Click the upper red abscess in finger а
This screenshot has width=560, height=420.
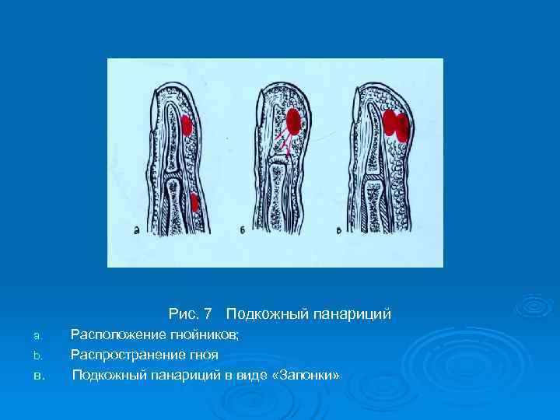coord(187,124)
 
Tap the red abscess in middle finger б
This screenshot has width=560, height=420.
coord(294,121)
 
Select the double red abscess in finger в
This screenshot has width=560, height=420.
coord(396,126)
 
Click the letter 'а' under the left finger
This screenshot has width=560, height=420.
coord(137,230)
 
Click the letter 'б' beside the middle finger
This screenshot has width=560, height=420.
coord(243,230)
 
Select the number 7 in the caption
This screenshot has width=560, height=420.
coord(208,315)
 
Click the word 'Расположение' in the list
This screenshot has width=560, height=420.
coord(116,335)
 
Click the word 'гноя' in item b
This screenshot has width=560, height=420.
coord(201,355)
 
